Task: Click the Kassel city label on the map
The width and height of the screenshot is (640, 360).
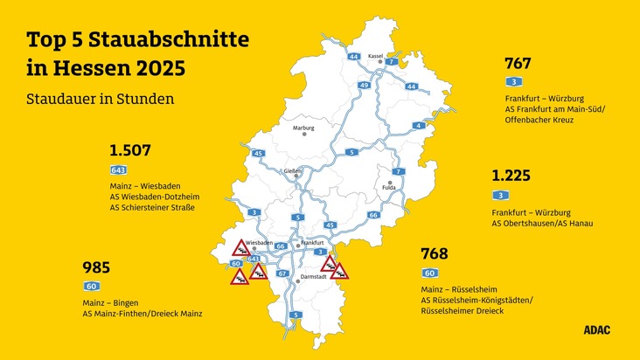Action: (376, 55)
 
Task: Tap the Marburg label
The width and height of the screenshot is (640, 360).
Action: (303, 128)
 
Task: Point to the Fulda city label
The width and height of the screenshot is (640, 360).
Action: (389, 186)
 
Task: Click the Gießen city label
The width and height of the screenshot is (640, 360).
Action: (294, 170)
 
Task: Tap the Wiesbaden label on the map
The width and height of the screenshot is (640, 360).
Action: (260, 241)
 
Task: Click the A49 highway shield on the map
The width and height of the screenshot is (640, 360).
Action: (364, 86)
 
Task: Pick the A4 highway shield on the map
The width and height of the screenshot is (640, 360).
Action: (419, 126)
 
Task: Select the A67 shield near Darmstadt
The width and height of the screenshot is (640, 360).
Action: (282, 273)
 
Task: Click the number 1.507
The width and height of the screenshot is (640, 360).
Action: (130, 149)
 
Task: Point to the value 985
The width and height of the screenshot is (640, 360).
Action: (95, 267)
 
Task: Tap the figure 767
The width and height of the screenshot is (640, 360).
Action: (518, 63)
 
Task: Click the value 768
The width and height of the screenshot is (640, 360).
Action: (434, 253)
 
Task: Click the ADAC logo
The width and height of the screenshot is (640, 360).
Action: (597, 329)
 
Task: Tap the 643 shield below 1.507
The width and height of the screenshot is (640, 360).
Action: (117, 170)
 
